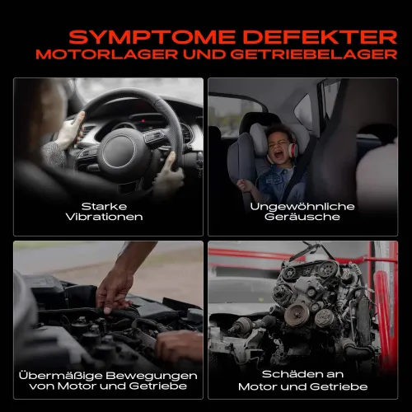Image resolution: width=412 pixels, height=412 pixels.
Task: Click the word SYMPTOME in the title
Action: [x=137, y=36]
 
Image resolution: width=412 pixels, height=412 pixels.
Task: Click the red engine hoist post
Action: [x=384, y=313]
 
